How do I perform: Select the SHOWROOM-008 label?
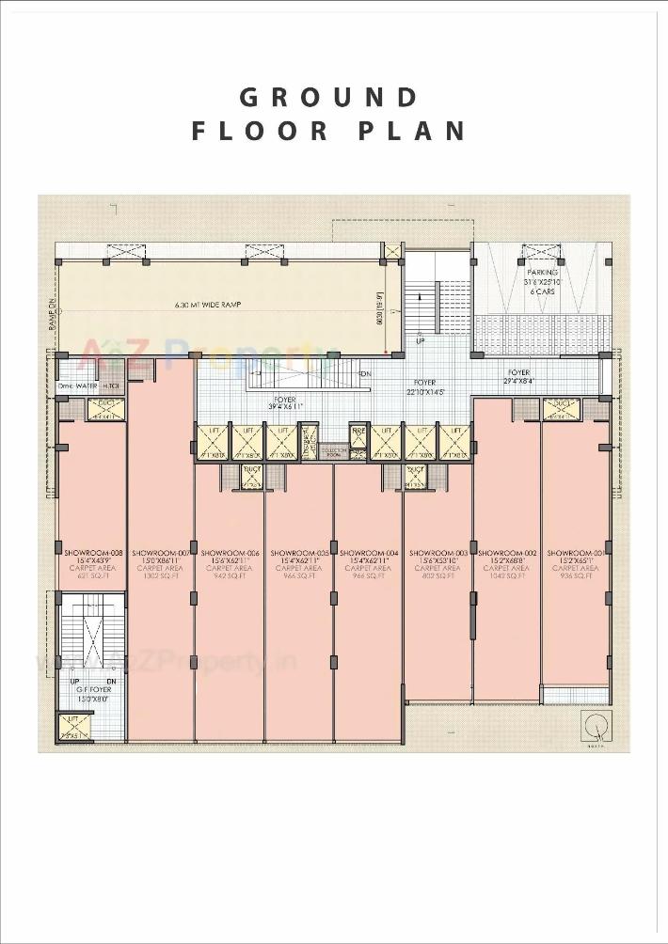91,553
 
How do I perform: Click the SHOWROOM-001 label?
575,553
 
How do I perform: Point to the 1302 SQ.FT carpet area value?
161,576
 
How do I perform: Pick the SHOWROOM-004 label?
369,553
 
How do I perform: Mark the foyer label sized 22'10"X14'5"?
424,387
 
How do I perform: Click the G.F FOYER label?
91,689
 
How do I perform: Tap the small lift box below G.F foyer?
73,726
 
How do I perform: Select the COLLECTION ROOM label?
333,451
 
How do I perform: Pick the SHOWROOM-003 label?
437,553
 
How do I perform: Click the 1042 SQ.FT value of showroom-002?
506,576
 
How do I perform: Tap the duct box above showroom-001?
561,407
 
